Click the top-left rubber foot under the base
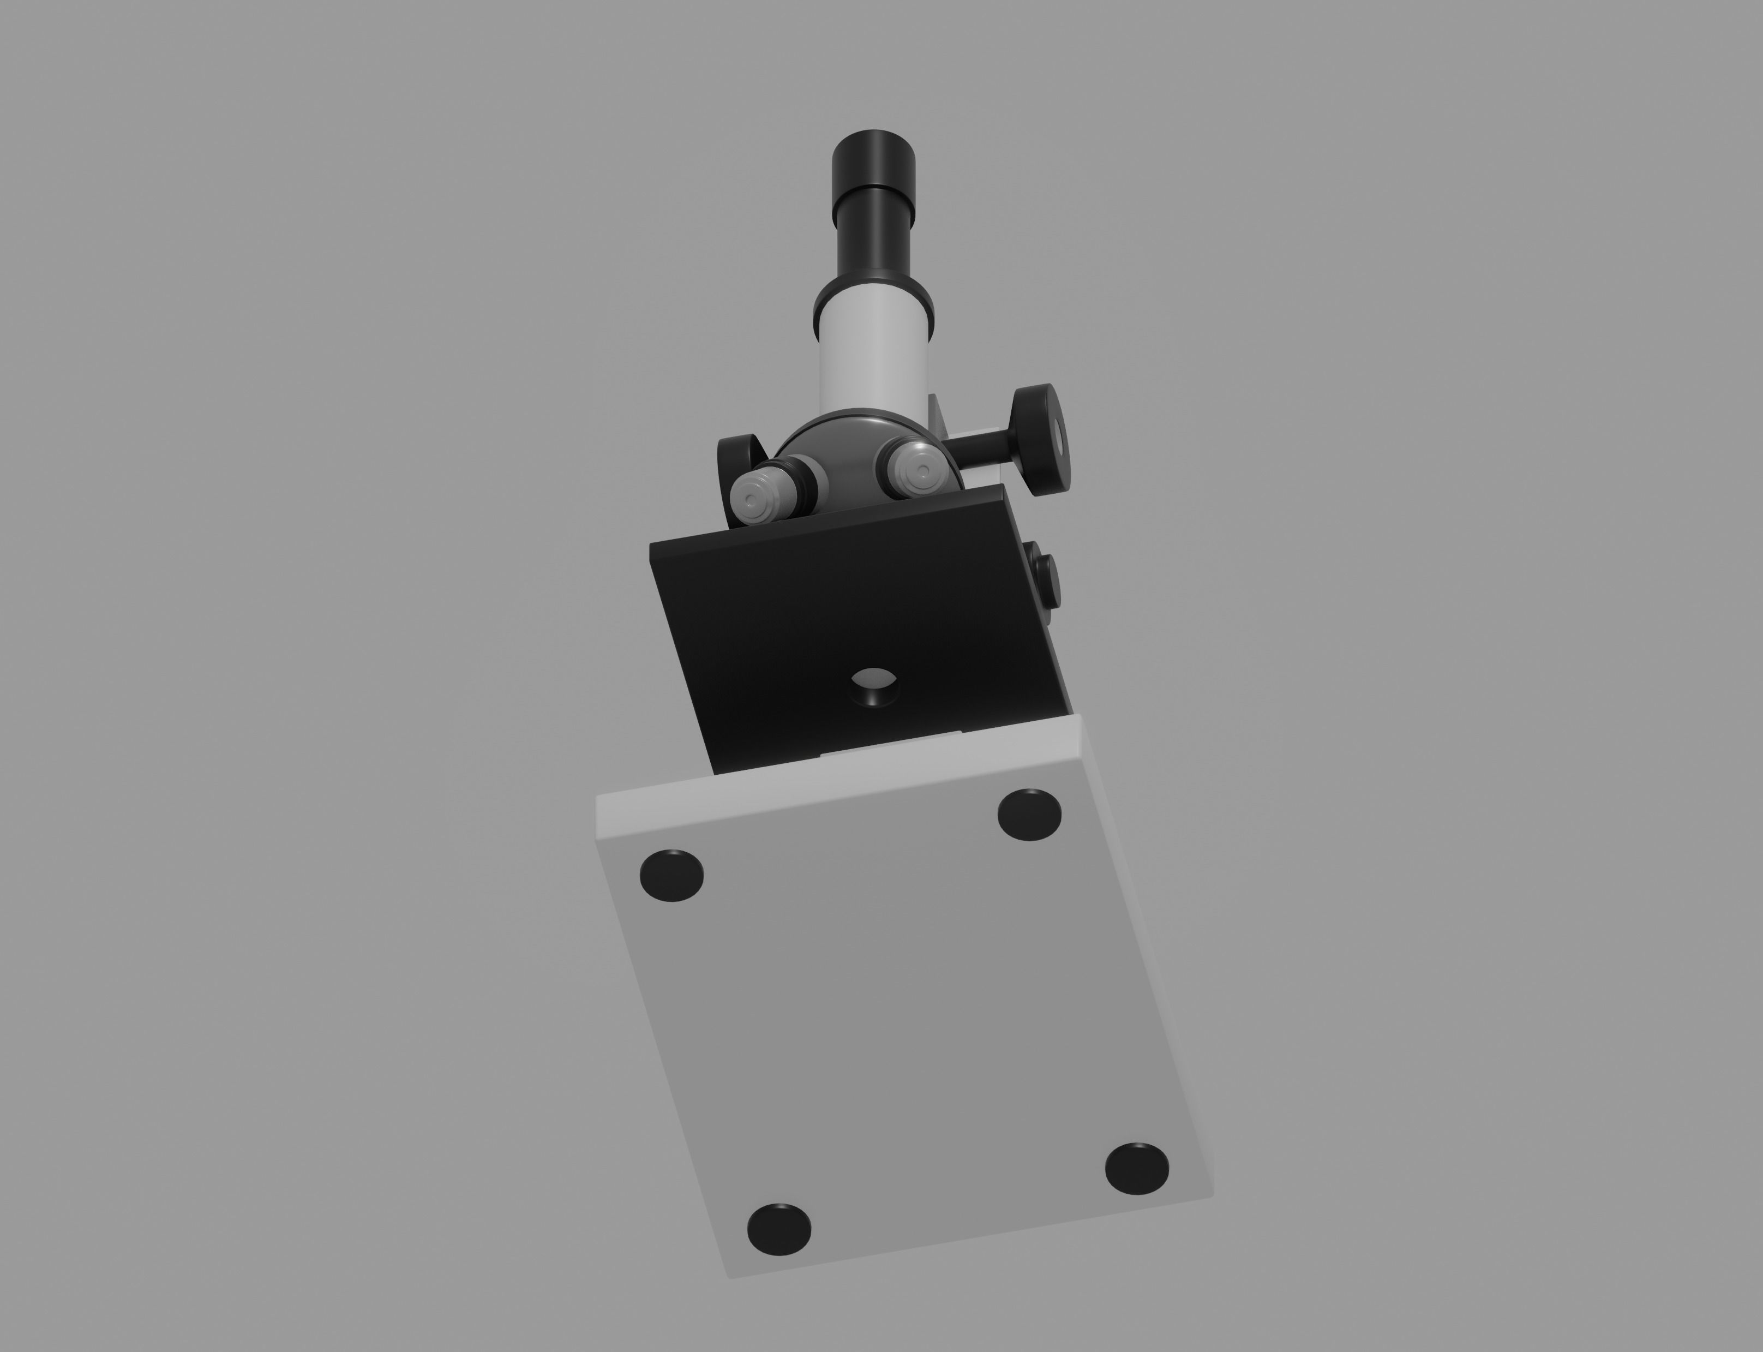coord(671,874)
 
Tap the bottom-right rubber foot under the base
coord(1136,1167)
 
